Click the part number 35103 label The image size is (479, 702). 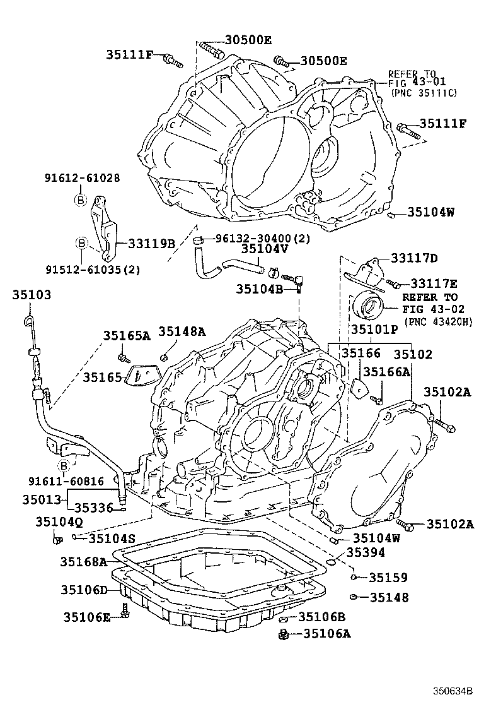(x=30, y=295)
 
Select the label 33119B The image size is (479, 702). (x=151, y=242)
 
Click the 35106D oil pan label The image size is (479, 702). (x=85, y=590)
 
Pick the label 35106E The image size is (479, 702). (x=88, y=616)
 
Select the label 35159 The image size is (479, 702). (x=388, y=578)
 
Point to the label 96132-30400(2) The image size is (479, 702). (x=263, y=239)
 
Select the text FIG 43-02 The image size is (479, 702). (x=434, y=309)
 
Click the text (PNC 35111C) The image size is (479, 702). (x=424, y=93)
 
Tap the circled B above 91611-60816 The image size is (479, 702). (x=64, y=466)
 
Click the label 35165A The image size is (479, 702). (x=127, y=335)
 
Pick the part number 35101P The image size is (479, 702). (x=374, y=329)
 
